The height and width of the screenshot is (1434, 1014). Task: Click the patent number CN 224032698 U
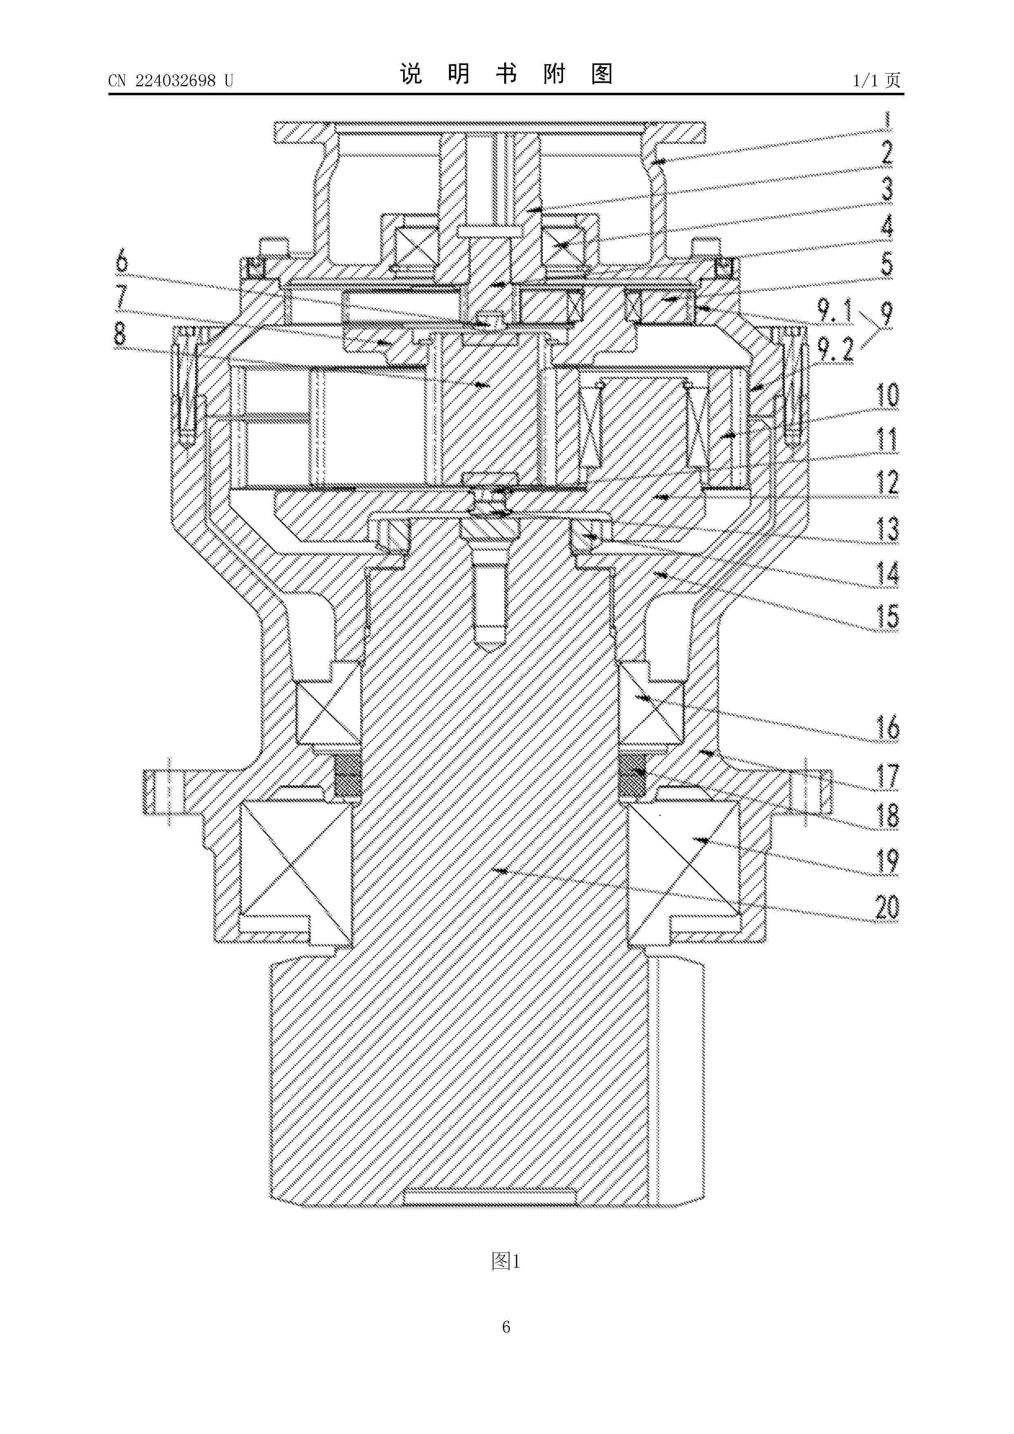tap(170, 81)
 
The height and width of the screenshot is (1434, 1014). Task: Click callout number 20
tap(886, 907)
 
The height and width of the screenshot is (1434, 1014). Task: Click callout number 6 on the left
tap(122, 260)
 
